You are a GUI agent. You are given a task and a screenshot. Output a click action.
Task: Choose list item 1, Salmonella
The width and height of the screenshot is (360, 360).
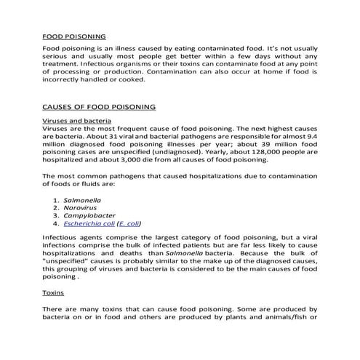coord(81,199)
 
